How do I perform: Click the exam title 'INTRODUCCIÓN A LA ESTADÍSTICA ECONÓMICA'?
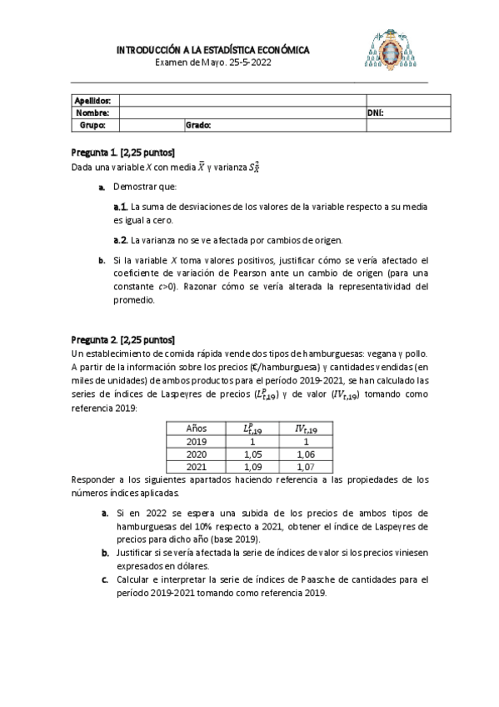(x=212, y=51)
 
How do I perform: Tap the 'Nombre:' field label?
(x=92, y=112)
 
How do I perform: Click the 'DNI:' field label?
(x=375, y=112)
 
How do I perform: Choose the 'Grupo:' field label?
(x=92, y=124)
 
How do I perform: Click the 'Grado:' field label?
(x=198, y=124)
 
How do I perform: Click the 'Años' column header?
(x=196, y=428)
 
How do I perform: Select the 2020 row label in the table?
(x=196, y=454)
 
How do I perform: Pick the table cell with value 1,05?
(x=251, y=454)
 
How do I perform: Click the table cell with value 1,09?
(x=251, y=468)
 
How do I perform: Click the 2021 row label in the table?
(x=196, y=468)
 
